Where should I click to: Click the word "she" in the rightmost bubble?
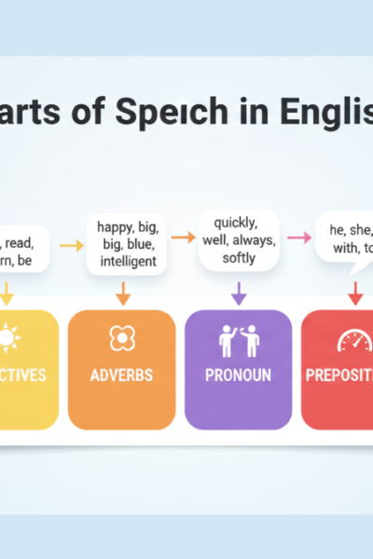click(x=361, y=229)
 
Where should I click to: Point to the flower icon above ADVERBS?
click(x=121, y=339)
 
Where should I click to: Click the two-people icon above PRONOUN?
click(x=237, y=341)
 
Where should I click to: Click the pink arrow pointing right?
click(x=298, y=239)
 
